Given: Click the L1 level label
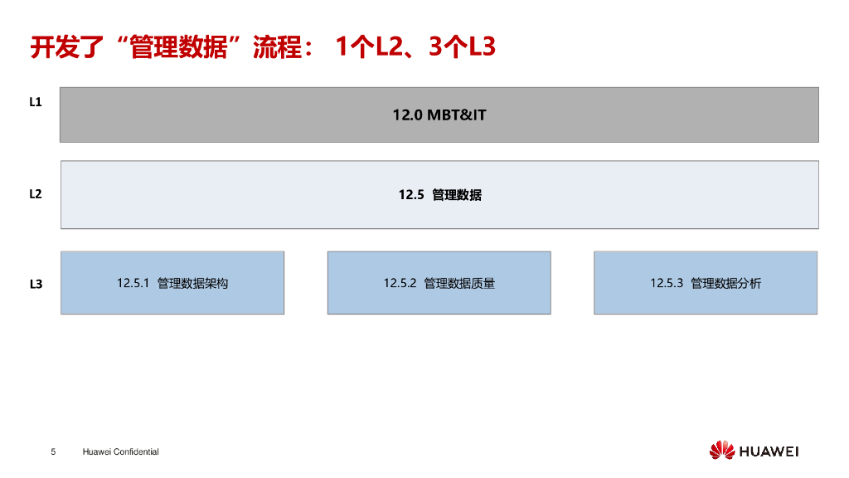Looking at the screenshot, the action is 36,102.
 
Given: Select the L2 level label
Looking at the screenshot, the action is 36,194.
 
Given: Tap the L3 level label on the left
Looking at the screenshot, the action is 36,284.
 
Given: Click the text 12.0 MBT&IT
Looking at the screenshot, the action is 439,115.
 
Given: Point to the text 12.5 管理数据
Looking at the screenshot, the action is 439,195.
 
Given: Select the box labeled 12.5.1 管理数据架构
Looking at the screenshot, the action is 172,283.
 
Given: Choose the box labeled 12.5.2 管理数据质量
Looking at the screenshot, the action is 439,283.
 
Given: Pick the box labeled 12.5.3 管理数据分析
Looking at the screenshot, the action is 706,283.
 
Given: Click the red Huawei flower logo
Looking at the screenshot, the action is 721,451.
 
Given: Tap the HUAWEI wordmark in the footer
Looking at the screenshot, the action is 769,451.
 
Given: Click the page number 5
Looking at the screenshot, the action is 53,451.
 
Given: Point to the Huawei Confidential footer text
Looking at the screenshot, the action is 120,451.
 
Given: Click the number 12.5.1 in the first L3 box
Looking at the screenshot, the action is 132,283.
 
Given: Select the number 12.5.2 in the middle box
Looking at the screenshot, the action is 399,283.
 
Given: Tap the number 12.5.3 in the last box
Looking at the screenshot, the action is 666,283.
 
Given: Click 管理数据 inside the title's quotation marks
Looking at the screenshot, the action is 179,46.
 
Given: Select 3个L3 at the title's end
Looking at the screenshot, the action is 462,46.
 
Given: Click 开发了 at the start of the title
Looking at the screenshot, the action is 68,46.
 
